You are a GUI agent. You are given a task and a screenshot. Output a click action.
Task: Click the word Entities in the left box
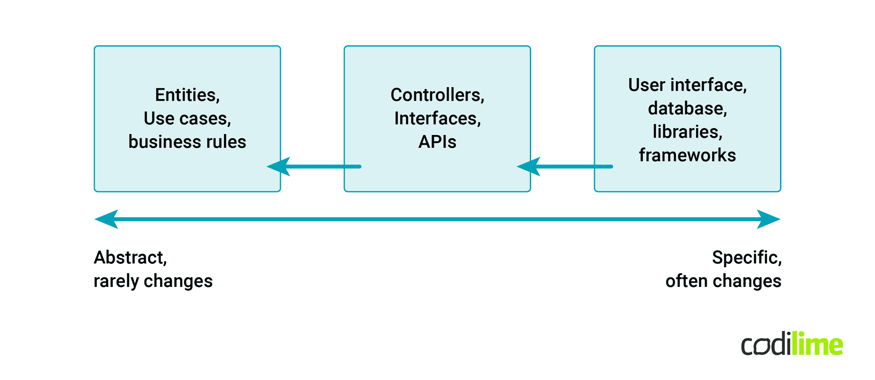tap(186, 95)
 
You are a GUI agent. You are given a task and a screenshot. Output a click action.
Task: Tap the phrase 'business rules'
tap(187, 142)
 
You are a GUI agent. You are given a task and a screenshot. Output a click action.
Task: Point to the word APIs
tap(437, 142)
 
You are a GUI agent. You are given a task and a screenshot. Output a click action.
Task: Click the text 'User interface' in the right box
tap(686, 85)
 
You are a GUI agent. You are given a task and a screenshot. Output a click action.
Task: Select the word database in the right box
tap(686, 108)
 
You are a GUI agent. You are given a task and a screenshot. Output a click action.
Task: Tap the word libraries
tap(686, 132)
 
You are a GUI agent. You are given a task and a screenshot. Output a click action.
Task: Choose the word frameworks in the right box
tap(687, 155)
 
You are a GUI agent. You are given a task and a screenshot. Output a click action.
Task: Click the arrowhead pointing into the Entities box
tap(279, 167)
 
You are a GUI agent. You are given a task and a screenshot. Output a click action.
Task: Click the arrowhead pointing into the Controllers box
tap(529, 167)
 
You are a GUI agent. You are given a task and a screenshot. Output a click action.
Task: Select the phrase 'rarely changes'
tap(153, 281)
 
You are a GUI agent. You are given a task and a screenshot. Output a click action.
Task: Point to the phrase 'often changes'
tap(723, 281)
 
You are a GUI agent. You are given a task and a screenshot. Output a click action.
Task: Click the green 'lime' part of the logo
tap(817, 344)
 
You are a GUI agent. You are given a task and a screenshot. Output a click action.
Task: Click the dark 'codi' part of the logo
tap(766, 345)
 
